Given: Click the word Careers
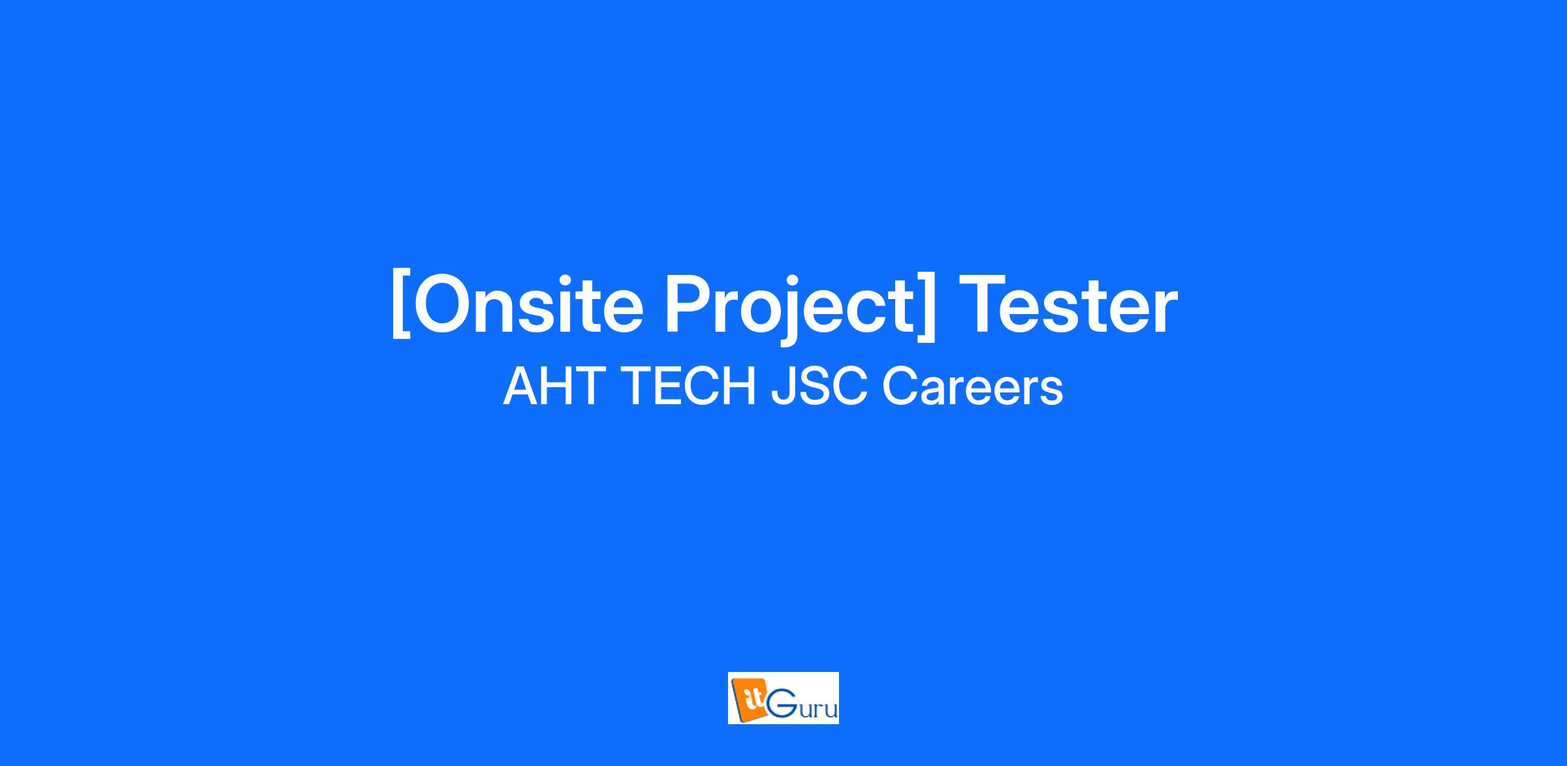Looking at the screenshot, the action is click(973, 387).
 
